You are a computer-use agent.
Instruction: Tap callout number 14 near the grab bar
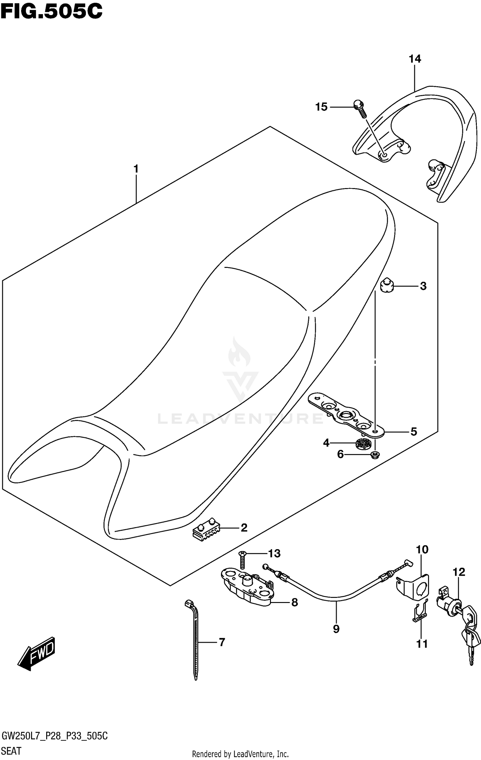pos(415,59)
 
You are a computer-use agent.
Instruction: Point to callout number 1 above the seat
pos(136,169)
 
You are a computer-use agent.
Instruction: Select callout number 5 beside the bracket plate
pos(414,432)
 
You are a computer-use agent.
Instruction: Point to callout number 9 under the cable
pos(336,629)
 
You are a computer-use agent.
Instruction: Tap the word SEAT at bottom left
pos(12,751)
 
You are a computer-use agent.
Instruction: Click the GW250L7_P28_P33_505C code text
pos(55,736)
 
